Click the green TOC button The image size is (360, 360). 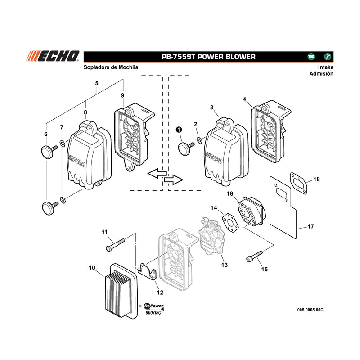[x=311, y=57]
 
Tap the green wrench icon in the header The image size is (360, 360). [x=328, y=57]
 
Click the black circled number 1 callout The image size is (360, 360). [x=179, y=130]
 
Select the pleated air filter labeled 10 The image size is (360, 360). [x=121, y=291]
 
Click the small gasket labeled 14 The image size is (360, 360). [x=230, y=221]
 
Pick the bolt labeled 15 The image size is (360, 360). [x=254, y=256]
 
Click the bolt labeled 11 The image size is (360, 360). [x=115, y=244]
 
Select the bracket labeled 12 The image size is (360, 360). [x=148, y=272]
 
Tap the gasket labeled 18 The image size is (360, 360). [x=298, y=184]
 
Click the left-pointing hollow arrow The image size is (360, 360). [x=157, y=173]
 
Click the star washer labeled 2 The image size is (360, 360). [x=199, y=140]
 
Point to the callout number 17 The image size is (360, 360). [x=310, y=226]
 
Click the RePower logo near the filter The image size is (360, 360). [x=153, y=306]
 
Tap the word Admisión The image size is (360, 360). [x=321, y=74]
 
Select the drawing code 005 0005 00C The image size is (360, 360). [x=310, y=310]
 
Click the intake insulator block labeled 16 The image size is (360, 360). [x=251, y=211]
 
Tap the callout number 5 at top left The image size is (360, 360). [x=97, y=83]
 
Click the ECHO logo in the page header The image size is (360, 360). [x=53, y=56]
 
